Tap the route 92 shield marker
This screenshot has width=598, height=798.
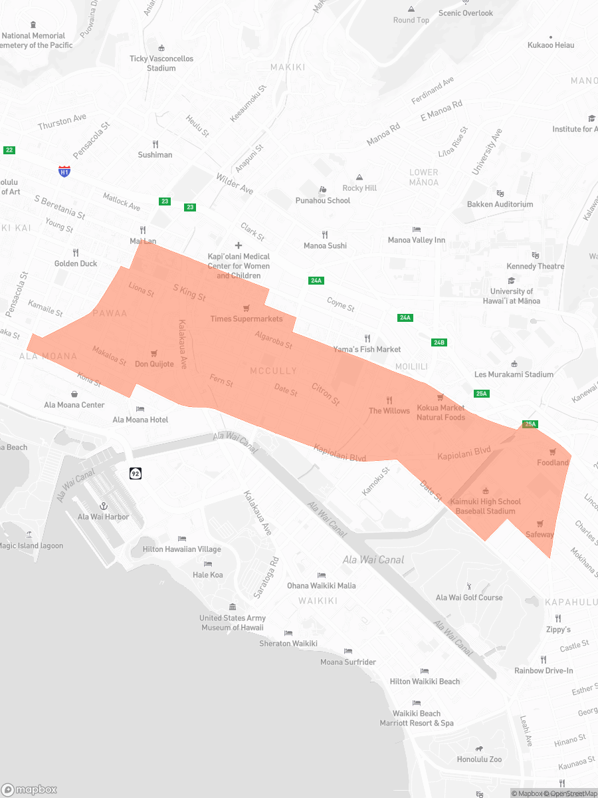135,473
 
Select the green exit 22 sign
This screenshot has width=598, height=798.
9,150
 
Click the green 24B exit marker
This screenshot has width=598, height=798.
439,342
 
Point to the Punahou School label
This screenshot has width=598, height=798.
323,200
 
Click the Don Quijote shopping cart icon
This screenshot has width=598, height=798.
154,353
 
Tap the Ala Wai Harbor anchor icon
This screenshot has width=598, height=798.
104,506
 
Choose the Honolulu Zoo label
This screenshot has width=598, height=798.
479,759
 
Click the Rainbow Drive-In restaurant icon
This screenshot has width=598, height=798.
544,660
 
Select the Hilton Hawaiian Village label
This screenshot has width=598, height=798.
182,549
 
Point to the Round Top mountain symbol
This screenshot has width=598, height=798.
411,9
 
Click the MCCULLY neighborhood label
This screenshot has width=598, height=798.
273,370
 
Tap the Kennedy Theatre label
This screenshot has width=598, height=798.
536,266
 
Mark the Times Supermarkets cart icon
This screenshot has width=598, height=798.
247,308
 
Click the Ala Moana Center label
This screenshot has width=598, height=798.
74,404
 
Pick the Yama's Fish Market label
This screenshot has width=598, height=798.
367,349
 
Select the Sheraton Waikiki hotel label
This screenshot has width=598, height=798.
288,643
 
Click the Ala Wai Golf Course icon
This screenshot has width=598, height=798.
469,586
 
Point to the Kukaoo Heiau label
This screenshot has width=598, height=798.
550,45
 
